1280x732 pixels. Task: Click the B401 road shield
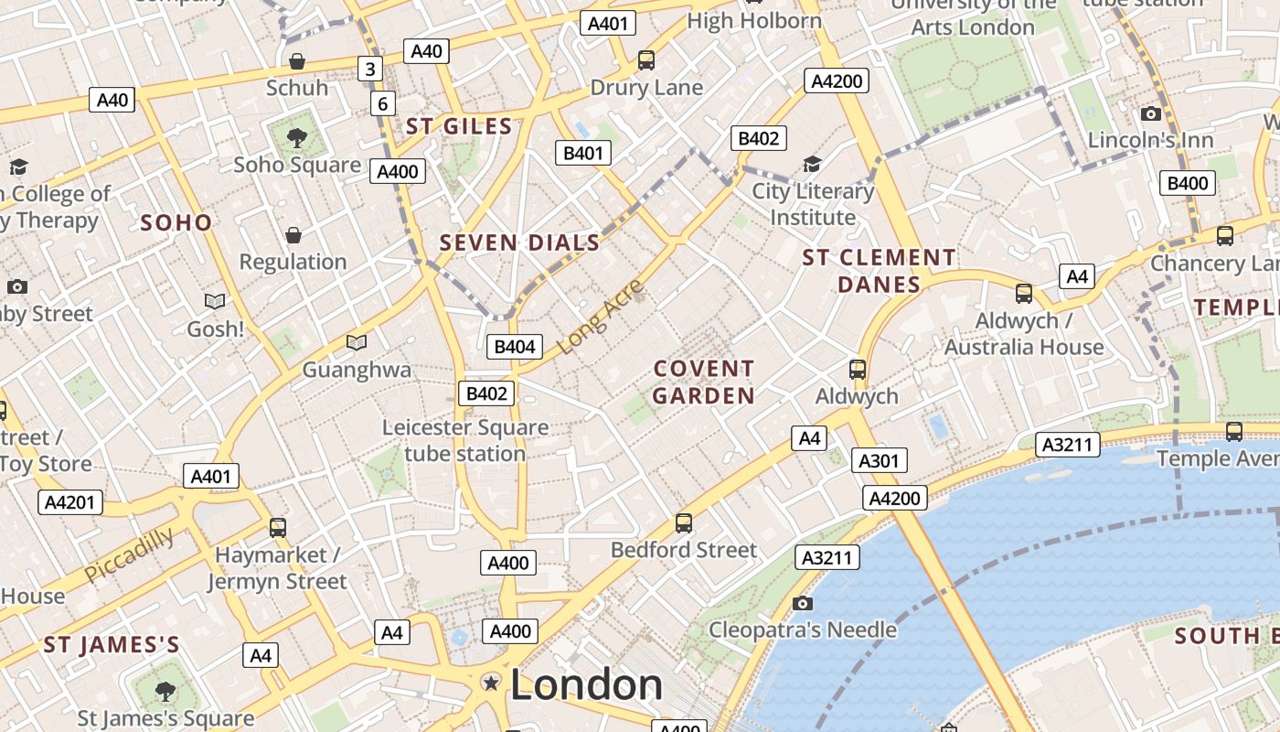pyautogui.click(x=583, y=153)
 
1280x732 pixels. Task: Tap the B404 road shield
pyautogui.click(x=514, y=347)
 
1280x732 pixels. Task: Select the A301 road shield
pyautogui.click(x=879, y=460)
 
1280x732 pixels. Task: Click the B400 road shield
pyautogui.click(x=1188, y=183)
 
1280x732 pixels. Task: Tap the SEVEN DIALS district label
pyautogui.click(x=519, y=243)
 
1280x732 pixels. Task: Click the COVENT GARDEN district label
pyautogui.click(x=703, y=382)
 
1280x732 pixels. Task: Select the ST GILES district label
pyautogui.click(x=459, y=127)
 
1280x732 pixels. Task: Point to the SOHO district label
pyautogui.click(x=176, y=222)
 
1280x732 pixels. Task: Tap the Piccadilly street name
pyautogui.click(x=129, y=554)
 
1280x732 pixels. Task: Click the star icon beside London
pyautogui.click(x=492, y=683)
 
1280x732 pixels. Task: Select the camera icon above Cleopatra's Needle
pyautogui.click(x=803, y=603)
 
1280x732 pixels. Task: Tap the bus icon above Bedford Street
pyautogui.click(x=683, y=523)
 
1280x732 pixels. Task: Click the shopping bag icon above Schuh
pyautogui.click(x=297, y=61)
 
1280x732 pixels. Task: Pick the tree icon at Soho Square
pyautogui.click(x=296, y=138)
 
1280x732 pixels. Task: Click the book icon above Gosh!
pyautogui.click(x=215, y=301)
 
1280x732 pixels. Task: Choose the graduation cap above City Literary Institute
pyautogui.click(x=812, y=164)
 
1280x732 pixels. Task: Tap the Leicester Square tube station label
pyautogui.click(x=465, y=440)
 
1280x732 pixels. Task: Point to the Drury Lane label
pyautogui.click(x=646, y=88)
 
